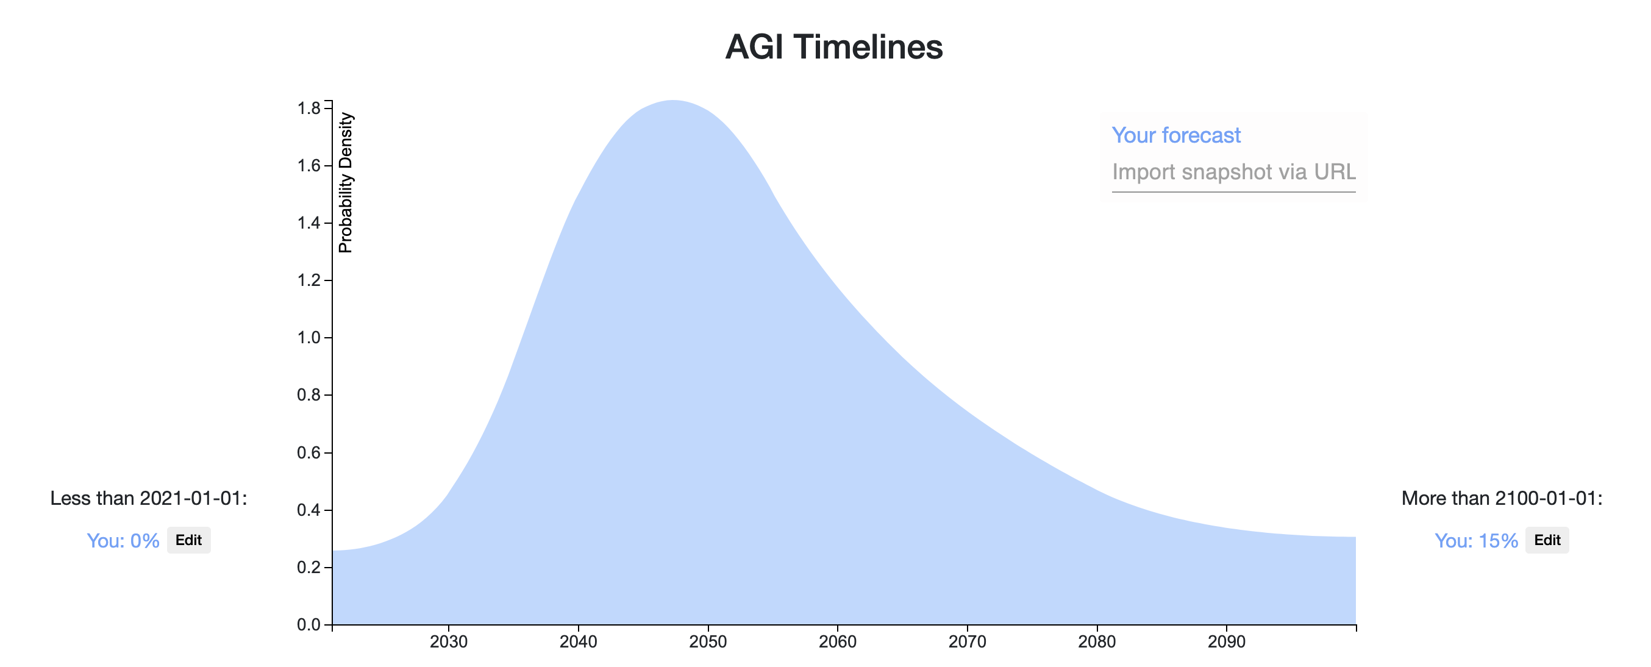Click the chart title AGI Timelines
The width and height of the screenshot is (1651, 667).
coord(834,47)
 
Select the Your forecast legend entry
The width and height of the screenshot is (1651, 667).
coord(1176,135)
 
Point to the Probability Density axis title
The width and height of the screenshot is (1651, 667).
coord(346,183)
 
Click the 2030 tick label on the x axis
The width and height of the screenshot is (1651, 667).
coord(449,642)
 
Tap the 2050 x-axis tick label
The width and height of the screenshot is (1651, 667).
coord(708,642)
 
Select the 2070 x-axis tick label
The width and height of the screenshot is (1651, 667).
coord(967,642)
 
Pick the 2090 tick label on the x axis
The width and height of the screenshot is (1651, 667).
coord(1227,642)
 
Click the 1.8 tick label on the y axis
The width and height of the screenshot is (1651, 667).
coord(309,109)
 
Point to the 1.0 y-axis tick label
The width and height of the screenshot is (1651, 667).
coord(309,338)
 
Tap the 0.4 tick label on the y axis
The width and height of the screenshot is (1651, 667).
coord(309,510)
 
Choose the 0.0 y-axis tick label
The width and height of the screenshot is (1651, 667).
coord(309,625)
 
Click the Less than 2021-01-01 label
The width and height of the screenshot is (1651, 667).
coord(149,499)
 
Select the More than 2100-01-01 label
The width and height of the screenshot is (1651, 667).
coord(1502,499)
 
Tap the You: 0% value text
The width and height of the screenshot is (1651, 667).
coord(123,541)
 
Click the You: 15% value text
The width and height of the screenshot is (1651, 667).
coord(1476,541)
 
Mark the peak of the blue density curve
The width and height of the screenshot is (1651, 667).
coord(672,101)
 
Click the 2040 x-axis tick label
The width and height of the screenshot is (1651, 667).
coord(578,642)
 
